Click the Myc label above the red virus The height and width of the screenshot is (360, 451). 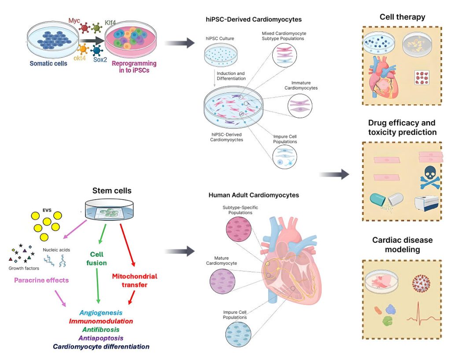[74, 21]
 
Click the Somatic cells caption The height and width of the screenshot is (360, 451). [48, 63]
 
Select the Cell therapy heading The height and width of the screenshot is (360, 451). [402, 17]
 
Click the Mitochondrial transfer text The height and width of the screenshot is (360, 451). [134, 281]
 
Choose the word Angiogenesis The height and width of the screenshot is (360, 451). [101, 312]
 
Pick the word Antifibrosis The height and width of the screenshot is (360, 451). [101, 330]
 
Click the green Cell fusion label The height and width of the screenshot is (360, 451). [98, 259]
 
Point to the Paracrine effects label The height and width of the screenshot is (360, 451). [42, 280]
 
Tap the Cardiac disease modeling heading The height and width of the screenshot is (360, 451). [402, 245]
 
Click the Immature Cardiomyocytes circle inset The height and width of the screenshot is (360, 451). [301, 106]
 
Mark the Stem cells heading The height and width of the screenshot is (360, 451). [112, 191]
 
